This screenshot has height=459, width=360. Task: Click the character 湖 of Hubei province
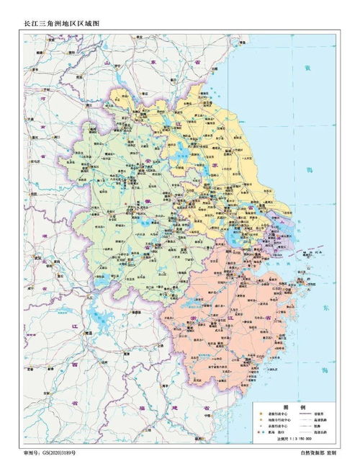click(x=44, y=236)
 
